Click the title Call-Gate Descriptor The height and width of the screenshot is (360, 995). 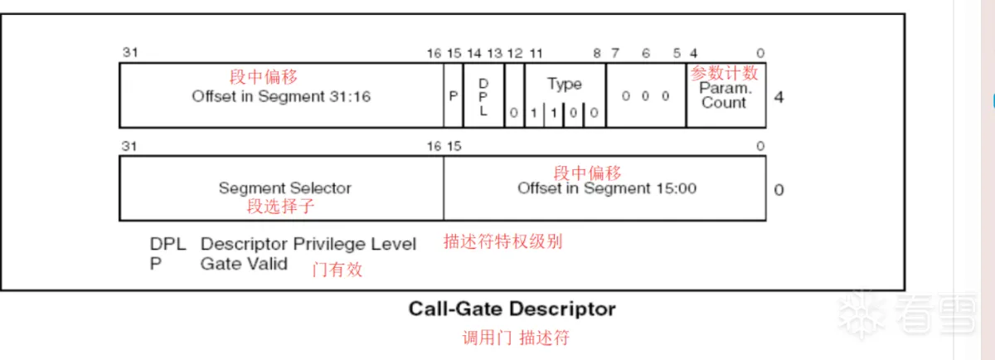point(512,309)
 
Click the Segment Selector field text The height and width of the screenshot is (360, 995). point(284,188)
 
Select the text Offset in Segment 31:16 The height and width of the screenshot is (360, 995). point(281,96)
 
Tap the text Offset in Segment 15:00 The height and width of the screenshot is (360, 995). point(607,188)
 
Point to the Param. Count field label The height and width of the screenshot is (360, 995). point(725,95)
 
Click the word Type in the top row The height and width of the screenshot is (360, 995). point(564,84)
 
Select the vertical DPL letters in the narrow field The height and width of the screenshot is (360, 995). point(483,97)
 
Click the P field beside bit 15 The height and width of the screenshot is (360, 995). point(453,96)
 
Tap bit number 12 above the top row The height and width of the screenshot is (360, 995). point(515,54)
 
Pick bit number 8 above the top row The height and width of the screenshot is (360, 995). point(597,54)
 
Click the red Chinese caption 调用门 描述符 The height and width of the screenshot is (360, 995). point(516,338)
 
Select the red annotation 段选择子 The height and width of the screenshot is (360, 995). point(281,207)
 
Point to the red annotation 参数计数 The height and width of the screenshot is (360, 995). point(724,72)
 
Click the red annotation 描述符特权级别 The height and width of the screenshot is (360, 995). point(502,241)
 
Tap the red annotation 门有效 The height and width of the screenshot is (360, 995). point(337,270)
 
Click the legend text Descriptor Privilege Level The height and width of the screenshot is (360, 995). point(308,244)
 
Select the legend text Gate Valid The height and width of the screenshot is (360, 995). point(244,264)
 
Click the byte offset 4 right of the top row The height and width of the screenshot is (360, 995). point(779,97)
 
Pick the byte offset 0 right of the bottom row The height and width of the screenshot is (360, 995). point(779,190)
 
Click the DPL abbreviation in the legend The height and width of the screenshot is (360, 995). point(167,244)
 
